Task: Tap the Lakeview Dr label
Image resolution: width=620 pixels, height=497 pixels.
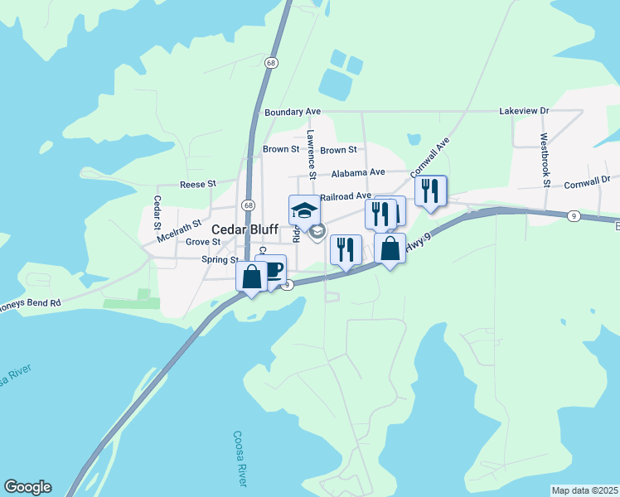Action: (x=524, y=110)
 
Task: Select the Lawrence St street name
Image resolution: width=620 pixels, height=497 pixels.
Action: (x=312, y=154)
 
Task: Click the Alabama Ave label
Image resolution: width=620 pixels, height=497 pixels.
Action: (x=358, y=173)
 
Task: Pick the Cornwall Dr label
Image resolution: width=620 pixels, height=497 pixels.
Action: (x=587, y=180)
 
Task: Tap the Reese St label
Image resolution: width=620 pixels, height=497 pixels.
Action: (x=197, y=183)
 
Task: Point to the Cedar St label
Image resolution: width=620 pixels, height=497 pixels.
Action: (x=157, y=213)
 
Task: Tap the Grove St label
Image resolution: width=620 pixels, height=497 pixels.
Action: (x=202, y=242)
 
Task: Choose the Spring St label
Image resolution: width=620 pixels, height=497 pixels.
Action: (x=220, y=259)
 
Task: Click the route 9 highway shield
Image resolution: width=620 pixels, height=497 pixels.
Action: (x=574, y=216)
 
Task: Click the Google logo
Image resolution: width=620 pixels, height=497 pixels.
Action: (x=27, y=487)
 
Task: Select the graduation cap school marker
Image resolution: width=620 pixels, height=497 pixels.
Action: (x=304, y=210)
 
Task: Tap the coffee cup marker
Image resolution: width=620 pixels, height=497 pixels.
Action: (x=271, y=269)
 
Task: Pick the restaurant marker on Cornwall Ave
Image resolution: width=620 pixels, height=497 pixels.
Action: (x=430, y=191)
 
